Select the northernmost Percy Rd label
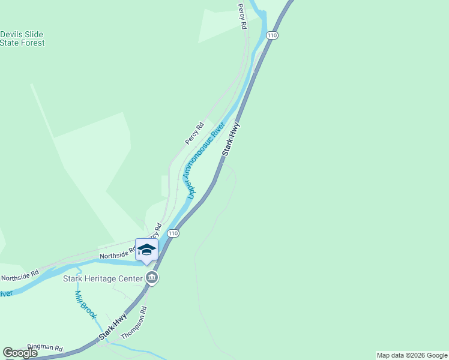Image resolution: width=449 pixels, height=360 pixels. (x=242, y=17)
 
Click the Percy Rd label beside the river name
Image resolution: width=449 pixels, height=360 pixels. (x=194, y=133)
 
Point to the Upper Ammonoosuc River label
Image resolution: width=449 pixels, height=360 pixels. (x=205, y=160)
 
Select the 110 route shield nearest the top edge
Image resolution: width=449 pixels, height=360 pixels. (x=273, y=36)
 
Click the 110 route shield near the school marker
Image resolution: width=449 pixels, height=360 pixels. (x=173, y=233)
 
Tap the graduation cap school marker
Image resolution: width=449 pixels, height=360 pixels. (x=146, y=250)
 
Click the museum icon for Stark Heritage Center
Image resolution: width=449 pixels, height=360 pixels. (x=152, y=278)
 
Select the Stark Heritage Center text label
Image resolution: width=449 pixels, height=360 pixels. (x=103, y=278)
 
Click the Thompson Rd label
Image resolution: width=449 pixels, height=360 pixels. (x=134, y=324)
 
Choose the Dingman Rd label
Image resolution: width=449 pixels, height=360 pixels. (x=45, y=348)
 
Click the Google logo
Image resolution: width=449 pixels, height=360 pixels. (x=20, y=353)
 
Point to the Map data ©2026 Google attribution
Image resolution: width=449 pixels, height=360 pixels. (x=412, y=355)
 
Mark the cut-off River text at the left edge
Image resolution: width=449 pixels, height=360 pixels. (x=5, y=293)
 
